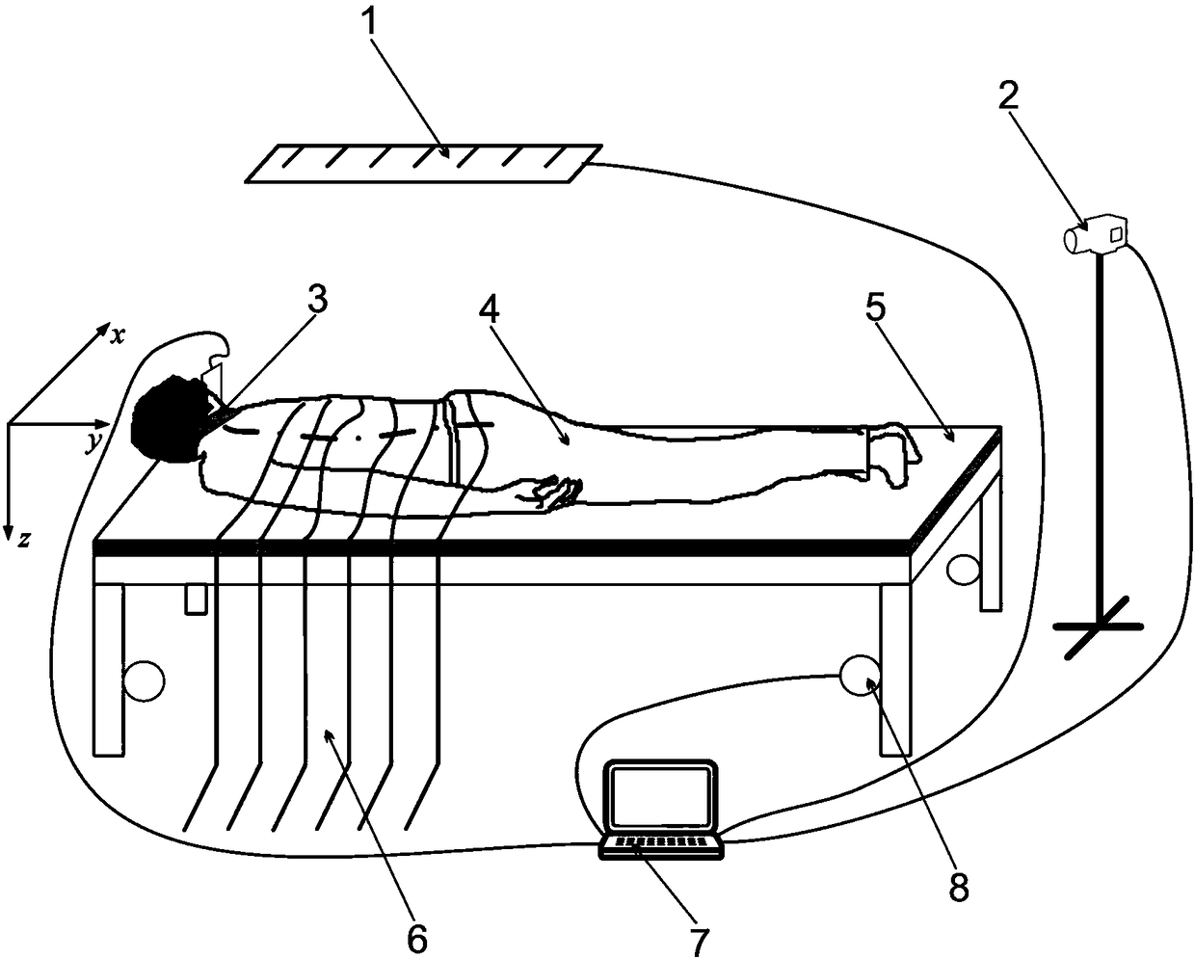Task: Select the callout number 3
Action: click(x=317, y=301)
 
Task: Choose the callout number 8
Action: click(x=957, y=886)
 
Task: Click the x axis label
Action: click(x=118, y=333)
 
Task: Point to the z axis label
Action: click(x=23, y=539)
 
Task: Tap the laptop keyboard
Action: click(x=661, y=844)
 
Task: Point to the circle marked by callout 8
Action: click(x=859, y=676)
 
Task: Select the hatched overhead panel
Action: click(x=424, y=163)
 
